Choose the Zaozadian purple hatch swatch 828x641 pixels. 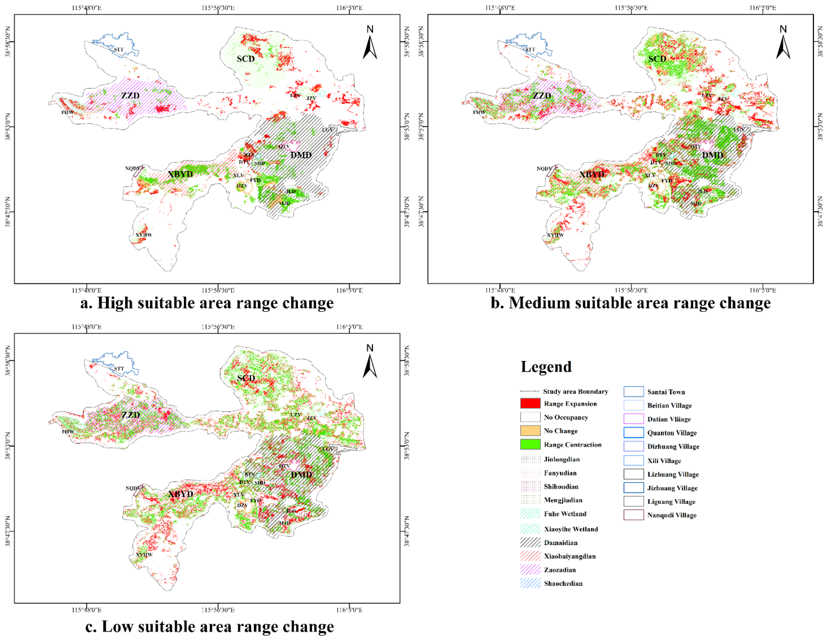click(x=530, y=570)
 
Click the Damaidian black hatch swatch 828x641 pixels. click(x=530, y=542)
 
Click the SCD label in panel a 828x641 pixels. click(x=246, y=59)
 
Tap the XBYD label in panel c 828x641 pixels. click(x=180, y=494)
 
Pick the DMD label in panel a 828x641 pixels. click(x=301, y=155)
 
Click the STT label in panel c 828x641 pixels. click(x=119, y=368)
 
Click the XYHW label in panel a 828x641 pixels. click(x=144, y=235)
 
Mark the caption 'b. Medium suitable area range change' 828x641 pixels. click(x=630, y=303)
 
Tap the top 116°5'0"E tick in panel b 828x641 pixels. click(x=762, y=8)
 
